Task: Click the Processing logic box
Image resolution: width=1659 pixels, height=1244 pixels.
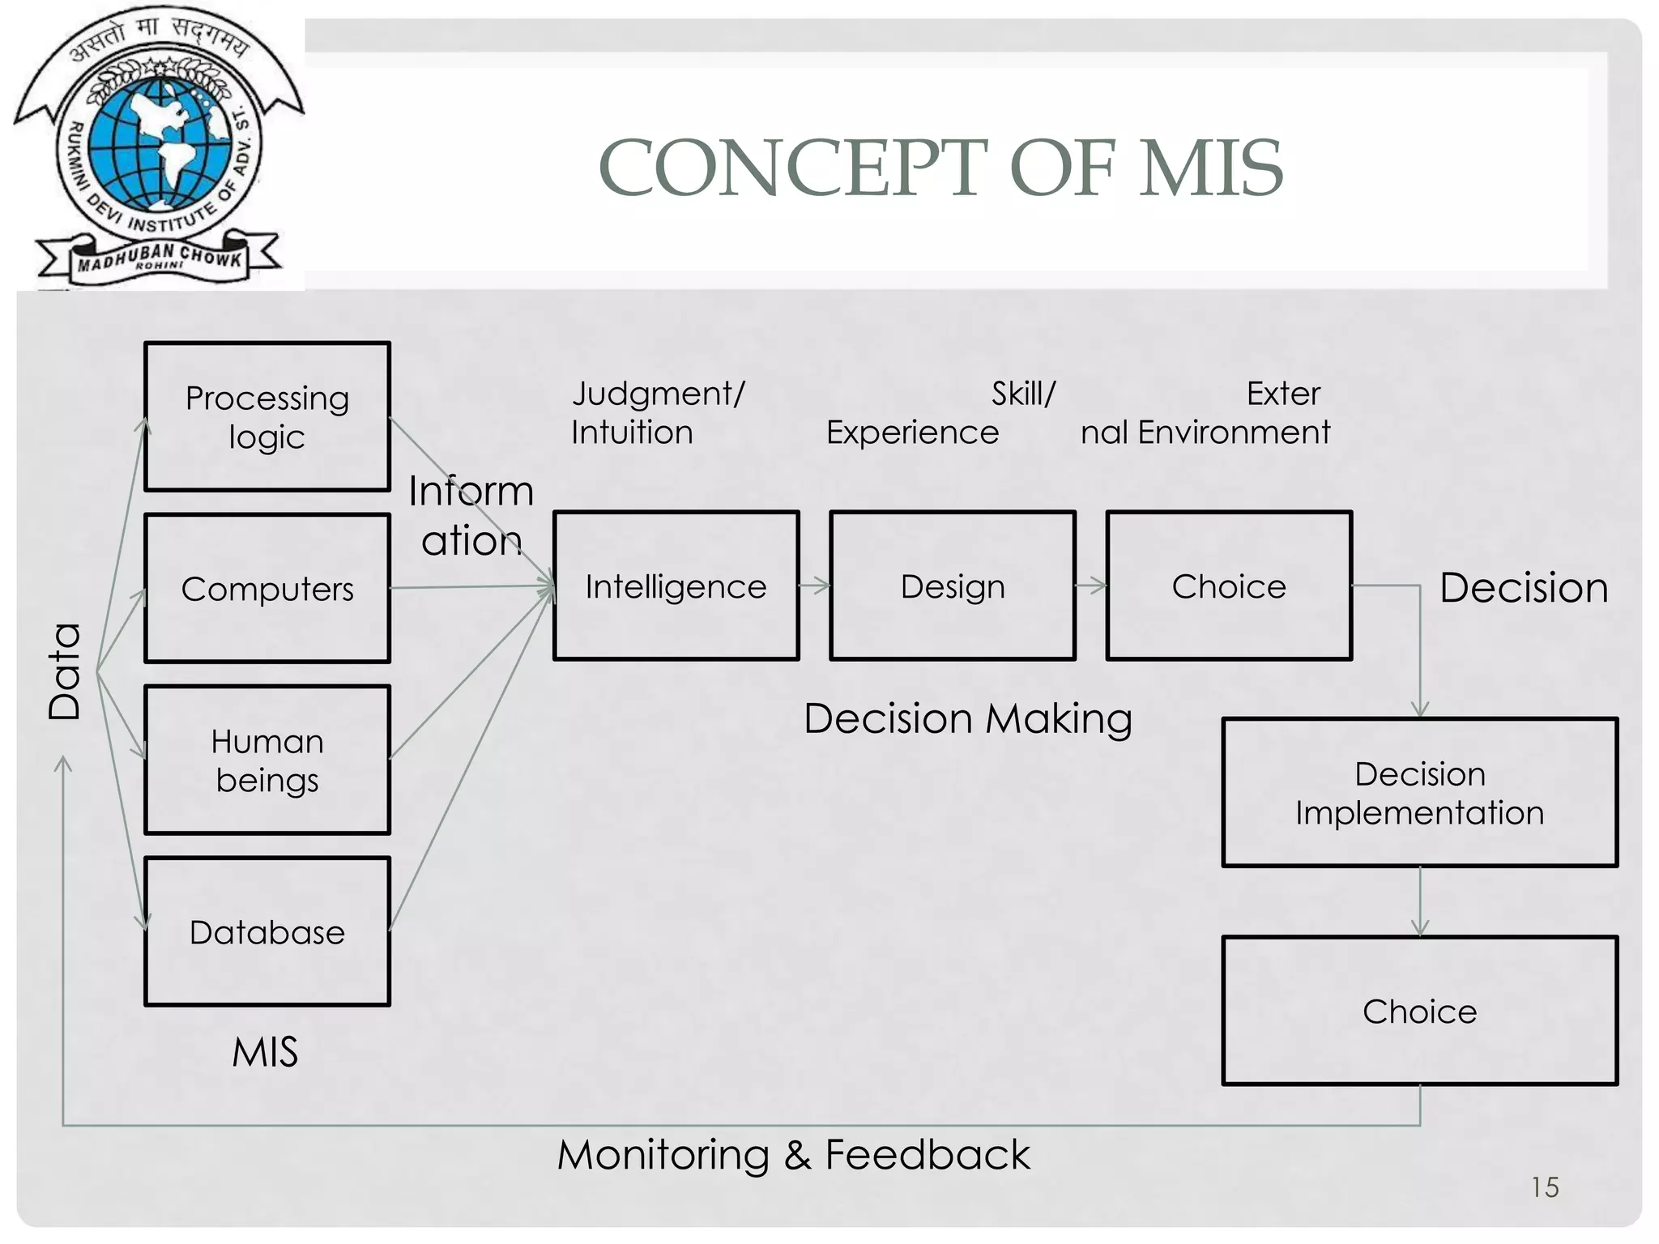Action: pos(267,417)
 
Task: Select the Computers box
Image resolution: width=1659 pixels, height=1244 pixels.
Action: pos(267,589)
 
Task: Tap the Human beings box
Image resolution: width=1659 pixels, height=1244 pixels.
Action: pos(267,760)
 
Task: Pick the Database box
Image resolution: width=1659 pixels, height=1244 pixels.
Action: pos(267,932)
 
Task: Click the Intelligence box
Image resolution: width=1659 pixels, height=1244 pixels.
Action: pos(676,586)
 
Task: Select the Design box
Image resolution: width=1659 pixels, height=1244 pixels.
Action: pos(953,586)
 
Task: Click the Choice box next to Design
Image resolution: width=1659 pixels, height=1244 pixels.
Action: pos(1229,586)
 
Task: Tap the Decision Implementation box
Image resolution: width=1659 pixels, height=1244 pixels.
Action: pos(1419,793)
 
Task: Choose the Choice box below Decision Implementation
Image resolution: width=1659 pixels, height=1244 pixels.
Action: pos(1419,1011)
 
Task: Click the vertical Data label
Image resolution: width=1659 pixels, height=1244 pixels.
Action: pos(65,671)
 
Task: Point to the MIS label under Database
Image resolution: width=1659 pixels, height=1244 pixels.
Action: pos(265,1052)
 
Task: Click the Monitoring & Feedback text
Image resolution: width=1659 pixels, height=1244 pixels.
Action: pos(793,1154)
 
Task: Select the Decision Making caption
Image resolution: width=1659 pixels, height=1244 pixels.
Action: pos(968,718)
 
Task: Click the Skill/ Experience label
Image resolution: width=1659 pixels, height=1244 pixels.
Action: pos(940,413)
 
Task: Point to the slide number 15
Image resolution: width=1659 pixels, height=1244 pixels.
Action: pos(1544,1187)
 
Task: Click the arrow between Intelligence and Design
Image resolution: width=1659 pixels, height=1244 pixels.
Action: pos(815,586)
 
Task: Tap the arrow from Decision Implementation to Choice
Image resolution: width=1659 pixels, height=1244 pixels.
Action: pos(1419,901)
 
